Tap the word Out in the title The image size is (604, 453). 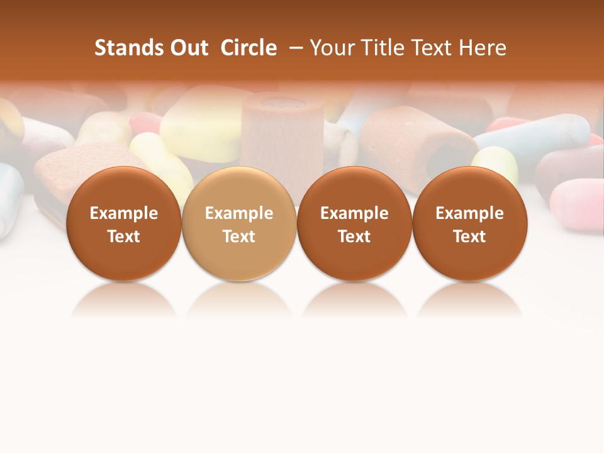tap(189, 48)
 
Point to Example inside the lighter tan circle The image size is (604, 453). tap(239, 213)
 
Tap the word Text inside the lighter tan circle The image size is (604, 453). tap(239, 237)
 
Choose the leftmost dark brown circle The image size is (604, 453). tap(124, 224)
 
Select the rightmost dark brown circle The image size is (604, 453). tap(469, 224)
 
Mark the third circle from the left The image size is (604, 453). tap(354, 224)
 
